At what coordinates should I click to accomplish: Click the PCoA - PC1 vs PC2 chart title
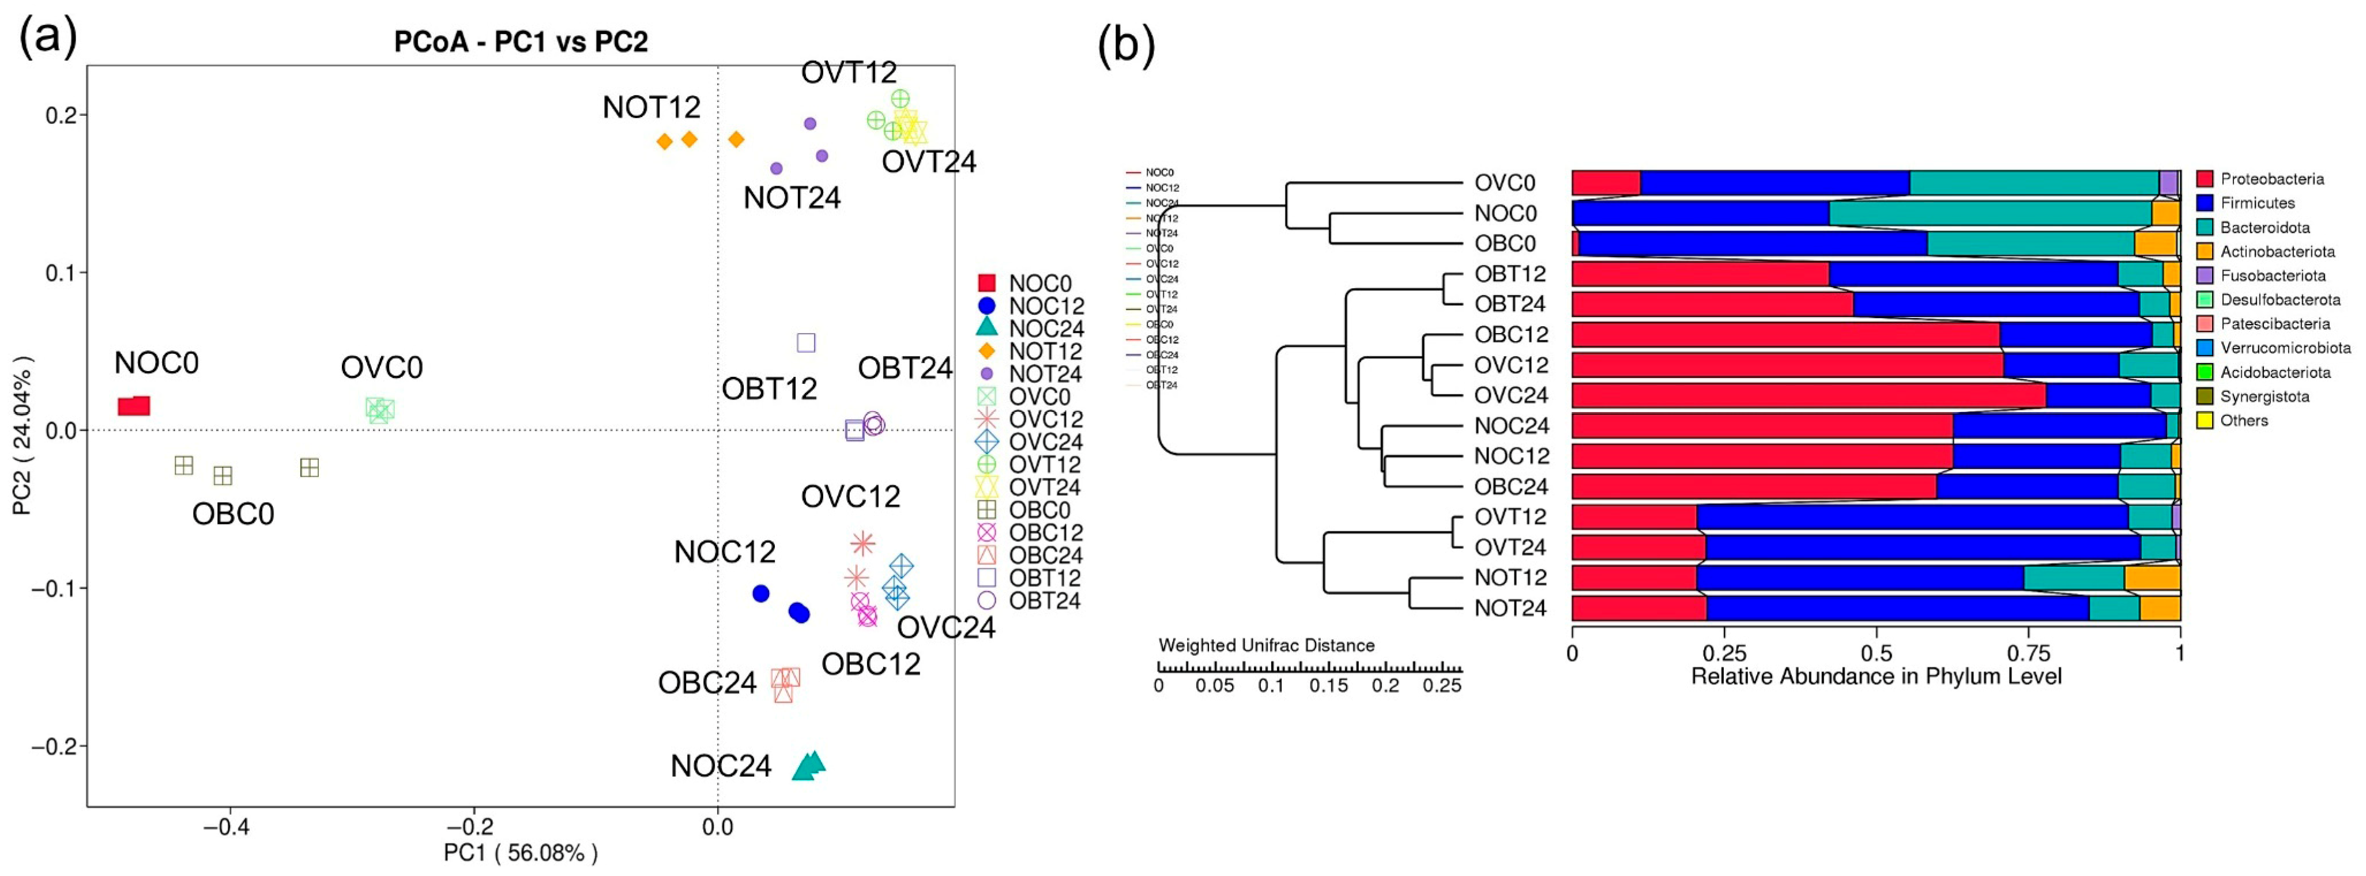tap(521, 42)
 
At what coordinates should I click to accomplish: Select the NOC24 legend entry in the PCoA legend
tap(1045, 328)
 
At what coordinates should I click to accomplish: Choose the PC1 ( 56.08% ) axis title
tap(521, 853)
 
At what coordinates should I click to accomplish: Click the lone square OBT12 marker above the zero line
tap(805, 342)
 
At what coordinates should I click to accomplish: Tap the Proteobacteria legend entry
tap(2271, 179)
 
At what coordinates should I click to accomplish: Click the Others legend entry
tap(2243, 421)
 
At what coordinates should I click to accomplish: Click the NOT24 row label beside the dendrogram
tap(1510, 608)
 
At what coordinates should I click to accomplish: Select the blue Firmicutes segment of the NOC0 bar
tap(1699, 214)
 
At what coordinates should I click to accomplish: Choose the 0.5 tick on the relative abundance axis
tap(1875, 654)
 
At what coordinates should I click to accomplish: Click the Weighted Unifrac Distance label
tap(1265, 645)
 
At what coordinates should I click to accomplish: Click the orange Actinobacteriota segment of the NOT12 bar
tap(2152, 577)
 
